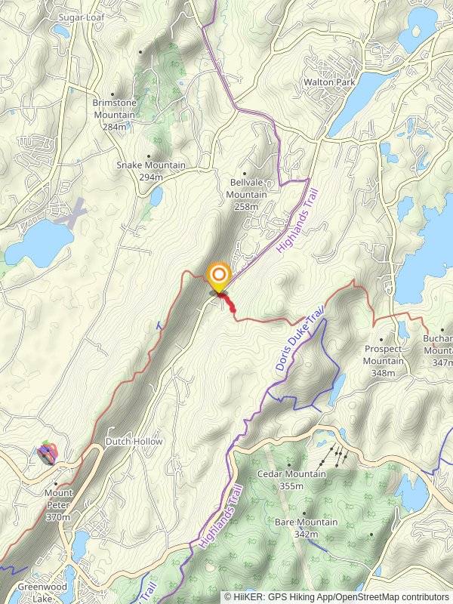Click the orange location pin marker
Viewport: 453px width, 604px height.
click(219, 276)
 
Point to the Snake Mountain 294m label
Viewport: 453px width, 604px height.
click(140, 171)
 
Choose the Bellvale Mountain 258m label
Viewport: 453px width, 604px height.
click(247, 194)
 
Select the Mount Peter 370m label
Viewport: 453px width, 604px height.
click(58, 505)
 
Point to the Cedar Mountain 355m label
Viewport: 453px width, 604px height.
click(291, 479)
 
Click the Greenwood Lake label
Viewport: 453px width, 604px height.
click(42, 592)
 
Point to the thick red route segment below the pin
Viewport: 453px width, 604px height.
click(228, 304)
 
